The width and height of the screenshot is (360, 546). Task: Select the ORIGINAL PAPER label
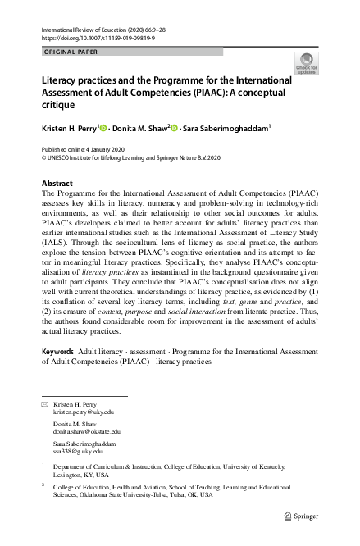click(70, 51)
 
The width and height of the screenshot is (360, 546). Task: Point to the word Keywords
click(57, 374)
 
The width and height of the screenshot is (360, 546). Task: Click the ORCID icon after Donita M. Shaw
click(175, 127)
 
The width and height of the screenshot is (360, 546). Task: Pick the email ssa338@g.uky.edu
click(78, 450)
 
